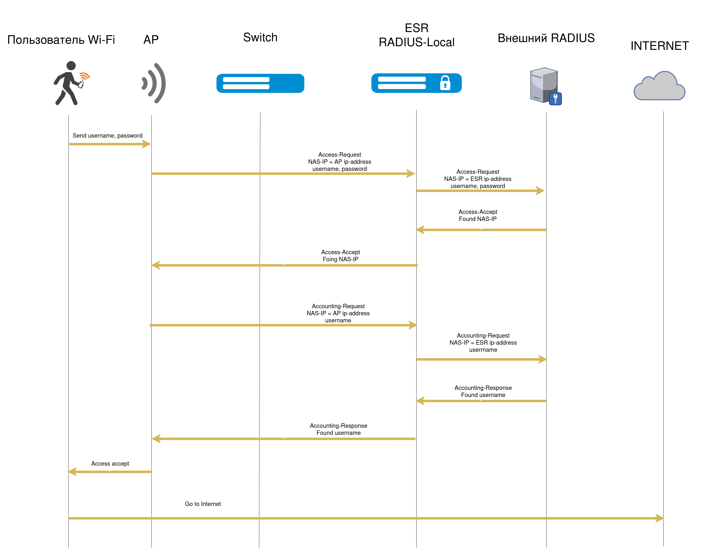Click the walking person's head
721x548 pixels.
71,66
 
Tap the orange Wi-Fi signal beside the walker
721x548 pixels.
85,77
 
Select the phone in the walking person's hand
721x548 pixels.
81,85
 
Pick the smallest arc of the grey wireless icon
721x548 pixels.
144,83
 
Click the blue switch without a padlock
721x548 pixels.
260,83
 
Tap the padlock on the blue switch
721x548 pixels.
445,83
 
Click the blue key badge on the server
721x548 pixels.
555,99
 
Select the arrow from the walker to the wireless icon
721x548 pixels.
109,144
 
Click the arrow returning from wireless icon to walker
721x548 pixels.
109,472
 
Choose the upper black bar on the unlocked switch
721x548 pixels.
246,80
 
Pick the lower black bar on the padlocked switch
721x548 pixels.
402,87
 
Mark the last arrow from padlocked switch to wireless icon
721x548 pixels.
283,439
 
